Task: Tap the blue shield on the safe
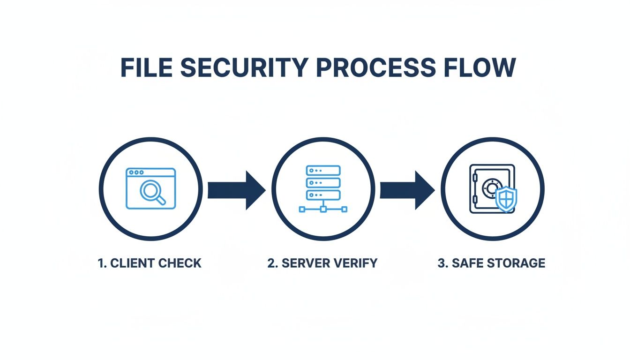pos(506,200)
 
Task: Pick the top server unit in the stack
pos(322,171)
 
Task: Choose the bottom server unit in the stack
pos(322,195)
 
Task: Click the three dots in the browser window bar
pos(136,172)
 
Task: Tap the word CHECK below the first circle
pos(180,263)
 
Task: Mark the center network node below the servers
pos(322,209)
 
